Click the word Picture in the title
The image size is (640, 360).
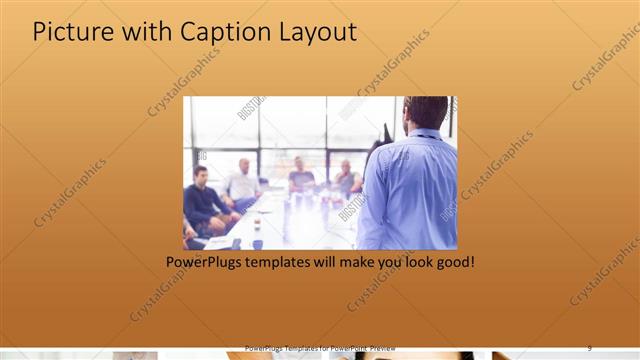72,32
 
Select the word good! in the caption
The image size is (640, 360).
451,262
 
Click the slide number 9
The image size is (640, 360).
590,347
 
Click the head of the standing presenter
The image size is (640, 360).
427,112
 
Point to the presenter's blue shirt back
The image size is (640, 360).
410,190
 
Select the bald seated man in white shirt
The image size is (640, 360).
243,181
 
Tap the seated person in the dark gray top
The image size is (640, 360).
300,178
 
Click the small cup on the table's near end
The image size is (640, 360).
257,243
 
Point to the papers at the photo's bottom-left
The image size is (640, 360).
214,242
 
